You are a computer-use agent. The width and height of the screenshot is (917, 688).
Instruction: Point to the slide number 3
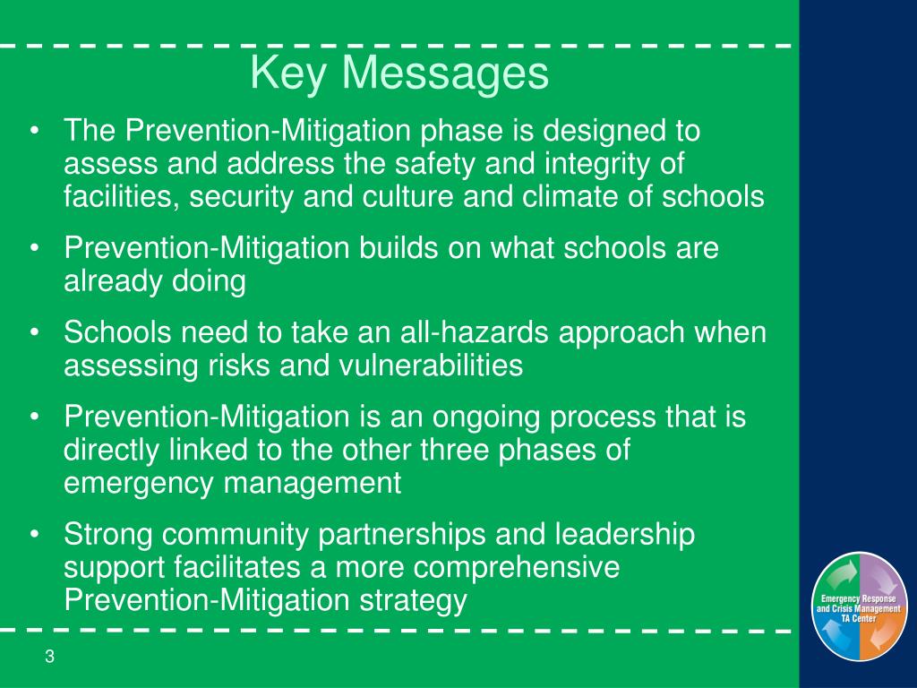50,657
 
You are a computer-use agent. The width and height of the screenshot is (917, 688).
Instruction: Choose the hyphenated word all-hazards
467,332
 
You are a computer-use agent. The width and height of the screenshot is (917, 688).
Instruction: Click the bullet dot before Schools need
34,333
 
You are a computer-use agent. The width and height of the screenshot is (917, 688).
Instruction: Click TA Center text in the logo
858,618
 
